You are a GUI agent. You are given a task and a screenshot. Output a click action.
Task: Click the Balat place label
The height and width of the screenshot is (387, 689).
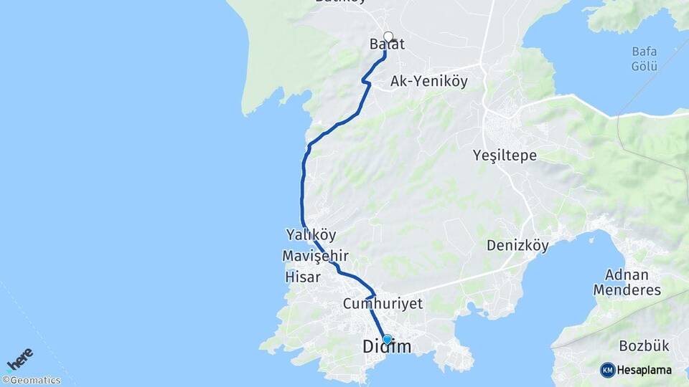point(387,44)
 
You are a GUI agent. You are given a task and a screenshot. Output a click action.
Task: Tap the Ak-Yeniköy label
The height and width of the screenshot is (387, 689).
point(428,82)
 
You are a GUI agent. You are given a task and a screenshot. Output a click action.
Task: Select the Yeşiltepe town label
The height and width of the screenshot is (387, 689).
point(505,156)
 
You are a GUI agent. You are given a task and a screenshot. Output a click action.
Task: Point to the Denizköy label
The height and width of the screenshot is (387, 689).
point(517,246)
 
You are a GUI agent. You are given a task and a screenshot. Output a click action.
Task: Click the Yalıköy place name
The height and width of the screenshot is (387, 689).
point(311,234)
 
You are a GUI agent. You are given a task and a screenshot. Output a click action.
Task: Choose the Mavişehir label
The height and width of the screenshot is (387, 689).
point(315,256)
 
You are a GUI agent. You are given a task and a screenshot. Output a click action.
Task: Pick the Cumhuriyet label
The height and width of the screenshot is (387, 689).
point(383,304)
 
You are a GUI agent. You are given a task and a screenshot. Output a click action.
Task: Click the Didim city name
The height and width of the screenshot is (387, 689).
point(387,348)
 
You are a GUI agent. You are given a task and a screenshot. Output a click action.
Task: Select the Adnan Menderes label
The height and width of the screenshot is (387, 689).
point(627,282)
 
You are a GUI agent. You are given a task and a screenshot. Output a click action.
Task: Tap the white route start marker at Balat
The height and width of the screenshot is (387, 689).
point(388,37)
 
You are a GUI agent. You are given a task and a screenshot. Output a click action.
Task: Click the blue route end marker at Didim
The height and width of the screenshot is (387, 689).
point(388,339)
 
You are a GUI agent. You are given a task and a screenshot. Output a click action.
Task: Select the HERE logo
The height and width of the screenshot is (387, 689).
point(20,358)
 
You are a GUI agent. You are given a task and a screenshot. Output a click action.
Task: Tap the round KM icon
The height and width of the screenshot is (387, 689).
point(608,370)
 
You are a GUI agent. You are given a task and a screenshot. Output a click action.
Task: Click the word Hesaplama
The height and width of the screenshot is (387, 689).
point(644,371)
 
